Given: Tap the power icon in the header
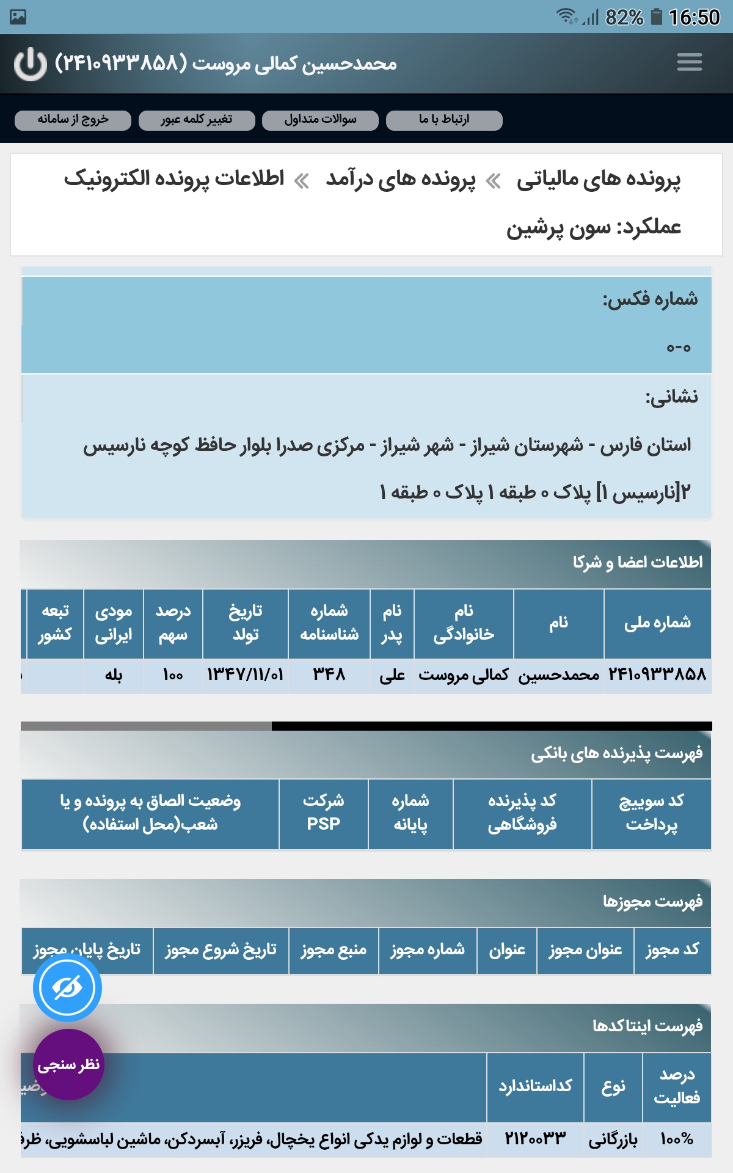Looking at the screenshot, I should tap(31, 64).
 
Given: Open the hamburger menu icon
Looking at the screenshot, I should tap(690, 62).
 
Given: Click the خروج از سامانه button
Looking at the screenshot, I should tap(73, 120).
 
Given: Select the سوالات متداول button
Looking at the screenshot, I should tap(320, 120).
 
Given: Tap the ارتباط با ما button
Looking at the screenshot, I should tap(444, 120).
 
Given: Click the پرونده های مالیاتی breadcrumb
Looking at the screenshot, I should tap(598, 180).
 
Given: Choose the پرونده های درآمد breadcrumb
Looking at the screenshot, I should tap(400, 180).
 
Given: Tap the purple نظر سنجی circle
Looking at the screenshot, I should tap(68, 1065).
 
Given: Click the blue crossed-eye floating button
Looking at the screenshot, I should tap(67, 988).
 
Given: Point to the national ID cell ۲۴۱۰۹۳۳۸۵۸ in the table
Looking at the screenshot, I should tap(657, 675).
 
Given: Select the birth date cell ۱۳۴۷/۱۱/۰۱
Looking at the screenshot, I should tap(245, 675).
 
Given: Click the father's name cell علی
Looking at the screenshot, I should tap(392, 675).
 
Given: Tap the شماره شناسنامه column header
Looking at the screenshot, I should tap(329, 623).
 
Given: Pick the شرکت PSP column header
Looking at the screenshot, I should tap(323, 813).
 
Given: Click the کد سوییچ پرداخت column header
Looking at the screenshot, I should tap(651, 813).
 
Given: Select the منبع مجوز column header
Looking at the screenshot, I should tap(334, 950).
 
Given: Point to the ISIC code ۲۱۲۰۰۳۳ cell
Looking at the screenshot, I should tap(535, 1139).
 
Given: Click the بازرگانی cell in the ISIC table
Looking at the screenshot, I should tap(613, 1139).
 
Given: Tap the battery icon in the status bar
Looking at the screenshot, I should tap(657, 16).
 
